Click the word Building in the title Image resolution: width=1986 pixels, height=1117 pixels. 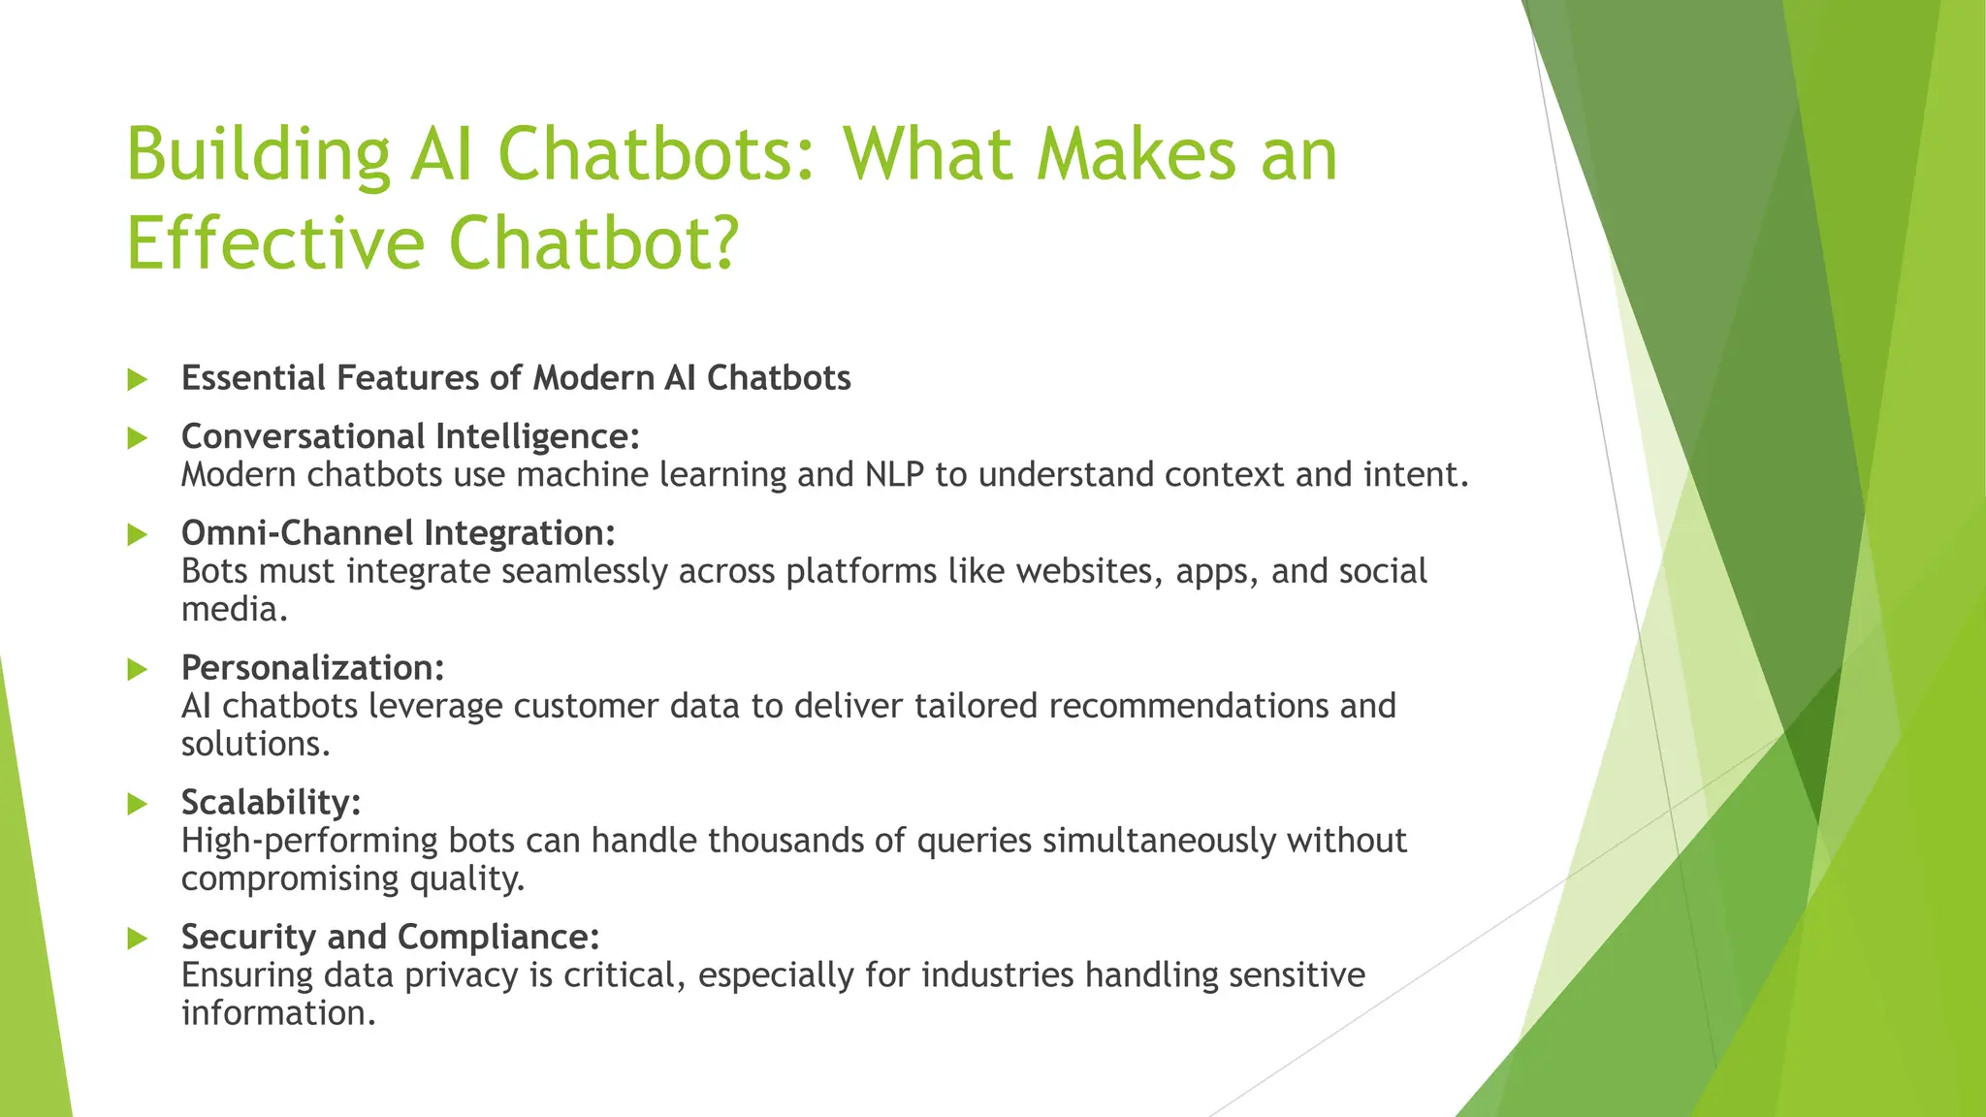258,155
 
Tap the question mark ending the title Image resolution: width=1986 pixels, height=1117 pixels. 722,242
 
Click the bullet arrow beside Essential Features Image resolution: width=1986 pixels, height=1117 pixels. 137,379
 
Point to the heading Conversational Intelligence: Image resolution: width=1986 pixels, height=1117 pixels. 410,436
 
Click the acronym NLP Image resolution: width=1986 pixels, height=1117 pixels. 894,475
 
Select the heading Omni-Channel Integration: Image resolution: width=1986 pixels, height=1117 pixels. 398,532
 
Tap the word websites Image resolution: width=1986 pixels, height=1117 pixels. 1089,571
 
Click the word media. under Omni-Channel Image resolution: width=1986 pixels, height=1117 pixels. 235,609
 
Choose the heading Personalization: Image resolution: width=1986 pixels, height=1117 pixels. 312,667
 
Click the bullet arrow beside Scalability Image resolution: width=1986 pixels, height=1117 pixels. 137,804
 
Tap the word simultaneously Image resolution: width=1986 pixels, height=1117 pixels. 1159,841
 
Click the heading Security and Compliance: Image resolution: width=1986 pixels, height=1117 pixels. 390,937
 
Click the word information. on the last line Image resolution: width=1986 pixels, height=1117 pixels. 277,1013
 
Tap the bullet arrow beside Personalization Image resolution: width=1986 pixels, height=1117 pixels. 137,669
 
